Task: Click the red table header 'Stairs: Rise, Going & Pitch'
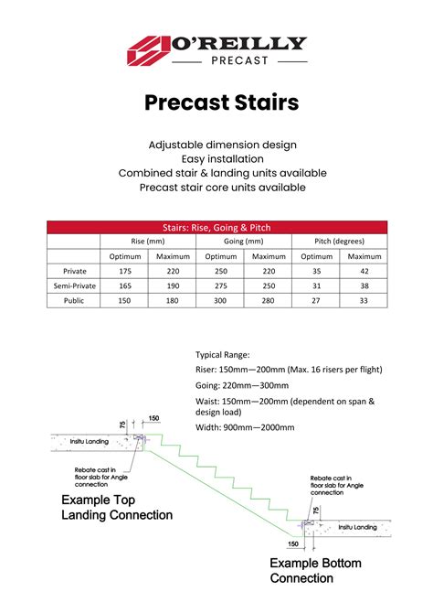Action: pos(216,227)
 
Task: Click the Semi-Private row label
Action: pos(74,286)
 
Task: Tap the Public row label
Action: pos(74,300)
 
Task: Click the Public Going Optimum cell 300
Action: pos(220,300)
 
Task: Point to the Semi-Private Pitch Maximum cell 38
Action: pos(364,286)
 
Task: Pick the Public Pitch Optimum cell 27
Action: pos(316,300)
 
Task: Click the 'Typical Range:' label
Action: pos(223,354)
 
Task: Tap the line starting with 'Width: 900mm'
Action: pos(245,427)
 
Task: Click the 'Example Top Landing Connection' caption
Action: pos(116,508)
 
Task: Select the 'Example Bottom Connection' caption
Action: pos(315,570)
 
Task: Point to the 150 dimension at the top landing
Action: pos(153,418)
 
